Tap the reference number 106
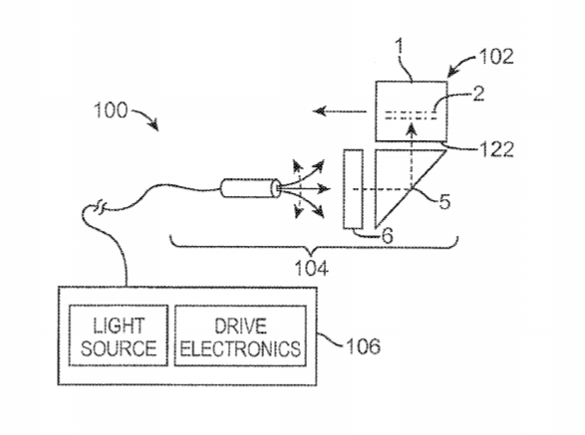point(364,346)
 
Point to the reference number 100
point(111,110)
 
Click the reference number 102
point(496,57)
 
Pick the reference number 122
point(496,149)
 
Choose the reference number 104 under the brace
point(312,268)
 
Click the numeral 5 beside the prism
point(443,201)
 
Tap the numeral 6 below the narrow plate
point(387,236)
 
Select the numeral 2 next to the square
point(478,94)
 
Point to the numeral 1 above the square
point(400,47)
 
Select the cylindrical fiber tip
point(250,188)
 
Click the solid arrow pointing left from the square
point(340,111)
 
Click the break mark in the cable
point(101,207)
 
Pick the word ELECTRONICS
point(240,348)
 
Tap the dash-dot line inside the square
point(411,115)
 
